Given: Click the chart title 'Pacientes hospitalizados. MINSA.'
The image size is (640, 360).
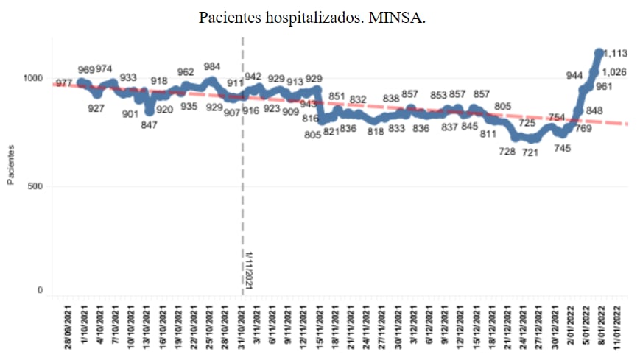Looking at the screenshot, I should point(312,17).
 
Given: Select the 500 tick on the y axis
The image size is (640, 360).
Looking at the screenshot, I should point(35,186).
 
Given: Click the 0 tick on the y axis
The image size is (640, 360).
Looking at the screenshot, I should point(40,291).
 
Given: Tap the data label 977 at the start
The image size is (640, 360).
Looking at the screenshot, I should point(63,83).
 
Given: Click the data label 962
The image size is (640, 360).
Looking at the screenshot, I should point(186,72).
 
